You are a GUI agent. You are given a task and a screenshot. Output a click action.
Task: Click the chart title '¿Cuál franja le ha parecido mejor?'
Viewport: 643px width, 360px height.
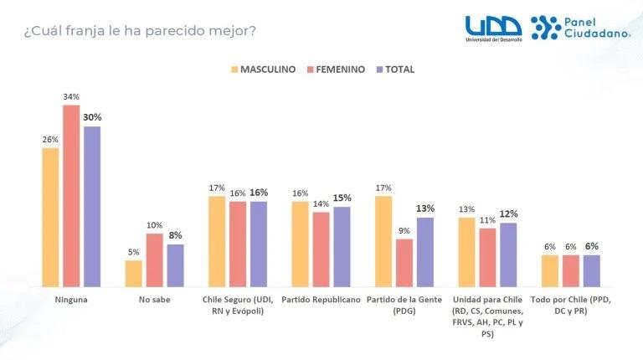pos(141,32)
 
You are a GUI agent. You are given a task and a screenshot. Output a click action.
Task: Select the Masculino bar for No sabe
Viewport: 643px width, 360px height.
pos(134,273)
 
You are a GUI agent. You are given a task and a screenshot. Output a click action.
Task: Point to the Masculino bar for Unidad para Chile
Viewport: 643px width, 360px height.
pos(466,251)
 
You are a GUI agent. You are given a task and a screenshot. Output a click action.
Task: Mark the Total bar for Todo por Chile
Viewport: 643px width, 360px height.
pos(591,270)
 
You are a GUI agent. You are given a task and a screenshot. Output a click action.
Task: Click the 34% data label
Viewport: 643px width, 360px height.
pos(71,98)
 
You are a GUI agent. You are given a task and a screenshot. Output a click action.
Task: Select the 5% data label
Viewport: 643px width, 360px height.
pos(134,253)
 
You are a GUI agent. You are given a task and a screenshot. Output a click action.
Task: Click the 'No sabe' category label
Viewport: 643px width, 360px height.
pos(155,299)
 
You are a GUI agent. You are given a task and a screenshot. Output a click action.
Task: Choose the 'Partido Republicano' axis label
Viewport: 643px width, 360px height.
pos(321,299)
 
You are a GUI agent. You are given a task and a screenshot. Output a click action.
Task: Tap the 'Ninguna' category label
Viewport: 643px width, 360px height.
pos(71,299)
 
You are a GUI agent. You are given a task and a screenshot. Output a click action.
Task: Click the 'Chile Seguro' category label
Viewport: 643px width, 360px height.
pos(238,304)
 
